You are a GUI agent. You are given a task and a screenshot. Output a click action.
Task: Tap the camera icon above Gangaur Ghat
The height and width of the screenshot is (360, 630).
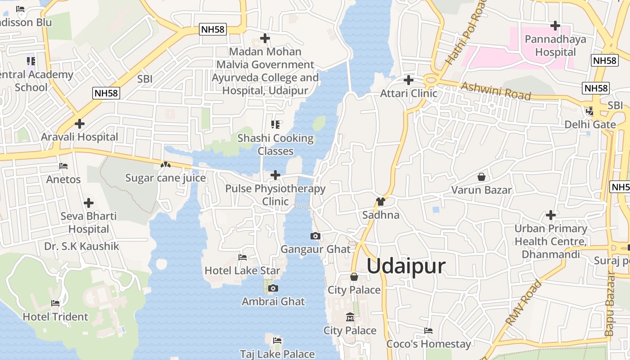pyautogui.click(x=315, y=236)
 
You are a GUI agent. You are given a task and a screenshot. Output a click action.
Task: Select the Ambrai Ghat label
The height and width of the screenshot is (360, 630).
pyautogui.click(x=273, y=301)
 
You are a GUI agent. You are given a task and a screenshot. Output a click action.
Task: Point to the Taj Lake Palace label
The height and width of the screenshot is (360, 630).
pyautogui.click(x=277, y=354)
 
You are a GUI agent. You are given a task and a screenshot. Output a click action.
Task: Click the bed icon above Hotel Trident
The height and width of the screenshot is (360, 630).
pyautogui.click(x=55, y=303)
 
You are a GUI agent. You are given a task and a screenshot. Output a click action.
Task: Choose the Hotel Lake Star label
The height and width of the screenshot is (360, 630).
pyautogui.click(x=242, y=270)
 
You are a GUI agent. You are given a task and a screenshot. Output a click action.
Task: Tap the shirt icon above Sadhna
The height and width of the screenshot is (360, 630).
pyautogui.click(x=381, y=202)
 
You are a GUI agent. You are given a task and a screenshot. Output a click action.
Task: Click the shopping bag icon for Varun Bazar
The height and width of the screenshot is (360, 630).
pyautogui.click(x=481, y=177)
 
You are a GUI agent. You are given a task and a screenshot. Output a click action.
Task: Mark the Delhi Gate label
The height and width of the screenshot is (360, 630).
pyautogui.click(x=590, y=124)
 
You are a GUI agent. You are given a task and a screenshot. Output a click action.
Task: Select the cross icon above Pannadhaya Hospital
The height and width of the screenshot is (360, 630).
pyautogui.click(x=555, y=26)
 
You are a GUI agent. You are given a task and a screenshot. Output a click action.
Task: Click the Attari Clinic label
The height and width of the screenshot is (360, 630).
pyautogui.click(x=409, y=93)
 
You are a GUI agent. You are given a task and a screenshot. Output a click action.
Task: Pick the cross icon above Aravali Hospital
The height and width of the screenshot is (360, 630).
pyautogui.click(x=80, y=124)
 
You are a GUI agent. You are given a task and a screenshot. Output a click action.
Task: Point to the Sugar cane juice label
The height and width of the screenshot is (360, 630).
pyautogui.click(x=165, y=178)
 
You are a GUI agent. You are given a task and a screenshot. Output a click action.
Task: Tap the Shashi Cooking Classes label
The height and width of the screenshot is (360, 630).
pyautogui.click(x=275, y=144)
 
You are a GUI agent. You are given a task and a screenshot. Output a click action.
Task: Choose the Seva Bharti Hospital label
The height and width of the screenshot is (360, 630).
pyautogui.click(x=89, y=222)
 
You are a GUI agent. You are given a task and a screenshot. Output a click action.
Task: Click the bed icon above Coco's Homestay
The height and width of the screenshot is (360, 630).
pyautogui.click(x=428, y=331)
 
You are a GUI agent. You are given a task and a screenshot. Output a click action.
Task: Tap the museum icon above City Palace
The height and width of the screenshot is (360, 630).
pyautogui.click(x=350, y=318)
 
